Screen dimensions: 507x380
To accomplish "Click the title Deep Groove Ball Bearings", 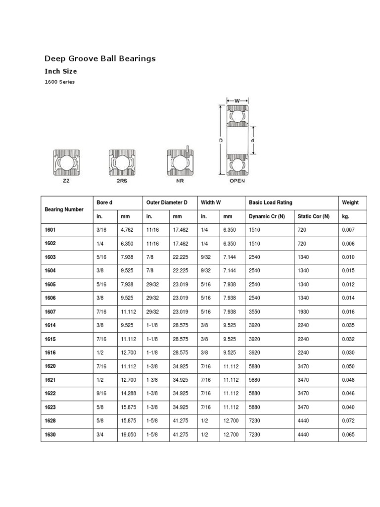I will [x=100, y=58].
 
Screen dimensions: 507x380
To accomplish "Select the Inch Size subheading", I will [x=61, y=71].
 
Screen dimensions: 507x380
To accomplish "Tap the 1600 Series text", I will [x=60, y=82].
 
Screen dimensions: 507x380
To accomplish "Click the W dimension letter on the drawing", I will [x=237, y=101].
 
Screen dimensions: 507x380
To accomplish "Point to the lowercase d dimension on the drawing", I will [x=252, y=140].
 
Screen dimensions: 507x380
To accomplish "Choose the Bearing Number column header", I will [x=64, y=210].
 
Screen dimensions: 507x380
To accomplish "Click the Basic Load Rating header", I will [x=271, y=203].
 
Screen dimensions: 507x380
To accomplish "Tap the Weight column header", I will [x=350, y=203].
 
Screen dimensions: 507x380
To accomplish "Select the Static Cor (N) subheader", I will [x=313, y=217].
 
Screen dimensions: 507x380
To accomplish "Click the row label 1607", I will [x=51, y=312].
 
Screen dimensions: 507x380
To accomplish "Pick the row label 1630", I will [x=51, y=435].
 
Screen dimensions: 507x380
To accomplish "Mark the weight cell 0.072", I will [x=348, y=421].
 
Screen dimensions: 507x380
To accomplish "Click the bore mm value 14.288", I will [x=127, y=394].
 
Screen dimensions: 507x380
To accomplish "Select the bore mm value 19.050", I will [x=127, y=435].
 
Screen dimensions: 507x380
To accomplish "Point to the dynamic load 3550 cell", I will [x=255, y=312].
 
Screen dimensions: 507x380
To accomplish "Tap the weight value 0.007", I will [x=348, y=230].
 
